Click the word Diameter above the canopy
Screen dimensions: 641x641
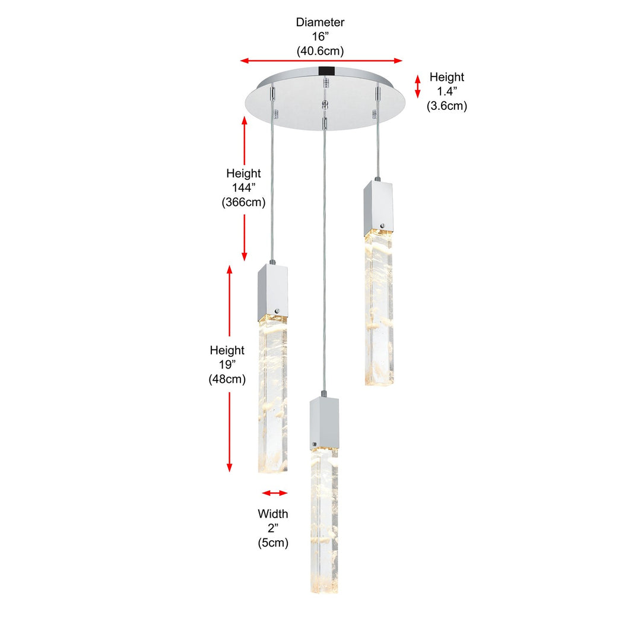pos(320,22)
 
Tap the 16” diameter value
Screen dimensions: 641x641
pos(320,36)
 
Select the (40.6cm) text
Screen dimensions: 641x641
pos(320,51)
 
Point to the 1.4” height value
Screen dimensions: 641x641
pos(447,91)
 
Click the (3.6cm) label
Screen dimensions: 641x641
pos(447,106)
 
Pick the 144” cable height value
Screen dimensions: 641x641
pos(244,188)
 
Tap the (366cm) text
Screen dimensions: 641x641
pos(244,202)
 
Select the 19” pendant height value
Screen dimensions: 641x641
pos(227,364)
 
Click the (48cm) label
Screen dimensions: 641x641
pos(227,379)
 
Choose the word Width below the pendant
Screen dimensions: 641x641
pos(272,514)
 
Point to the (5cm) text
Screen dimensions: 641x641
pos(272,543)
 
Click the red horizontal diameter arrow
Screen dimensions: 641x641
pos(321,61)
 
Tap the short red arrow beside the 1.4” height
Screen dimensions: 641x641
pos(417,86)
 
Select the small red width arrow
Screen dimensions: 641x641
pos(274,493)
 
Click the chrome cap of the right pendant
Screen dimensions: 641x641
pos(378,208)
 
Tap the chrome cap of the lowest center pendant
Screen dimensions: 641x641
pos(324,423)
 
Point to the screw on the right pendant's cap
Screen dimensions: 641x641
pos(383,226)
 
